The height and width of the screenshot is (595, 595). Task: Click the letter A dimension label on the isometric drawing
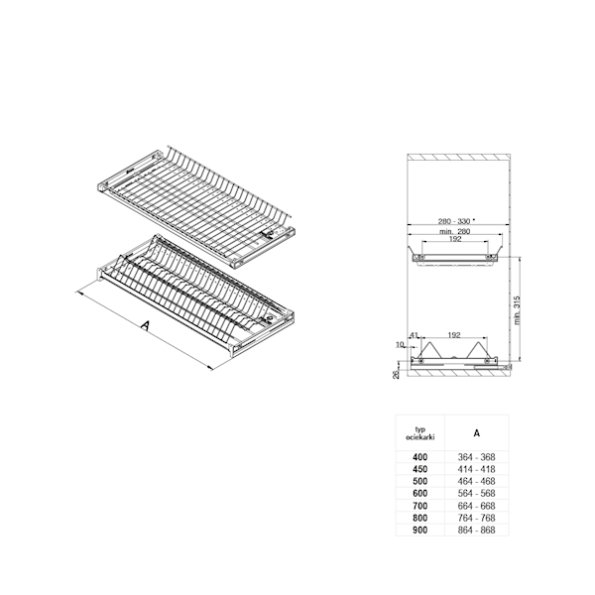146,325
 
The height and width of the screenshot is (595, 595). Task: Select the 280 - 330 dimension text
454,221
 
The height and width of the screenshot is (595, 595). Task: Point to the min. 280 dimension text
454,231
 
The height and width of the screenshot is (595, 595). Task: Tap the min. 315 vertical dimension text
518,310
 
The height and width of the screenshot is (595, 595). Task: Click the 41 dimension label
414,335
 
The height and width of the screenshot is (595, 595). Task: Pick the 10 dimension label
400,344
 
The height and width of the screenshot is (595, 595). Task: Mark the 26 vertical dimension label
396,375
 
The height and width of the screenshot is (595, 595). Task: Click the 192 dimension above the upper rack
455,239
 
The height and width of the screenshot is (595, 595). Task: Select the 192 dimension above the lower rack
454,335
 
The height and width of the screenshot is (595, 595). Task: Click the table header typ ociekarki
420,433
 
